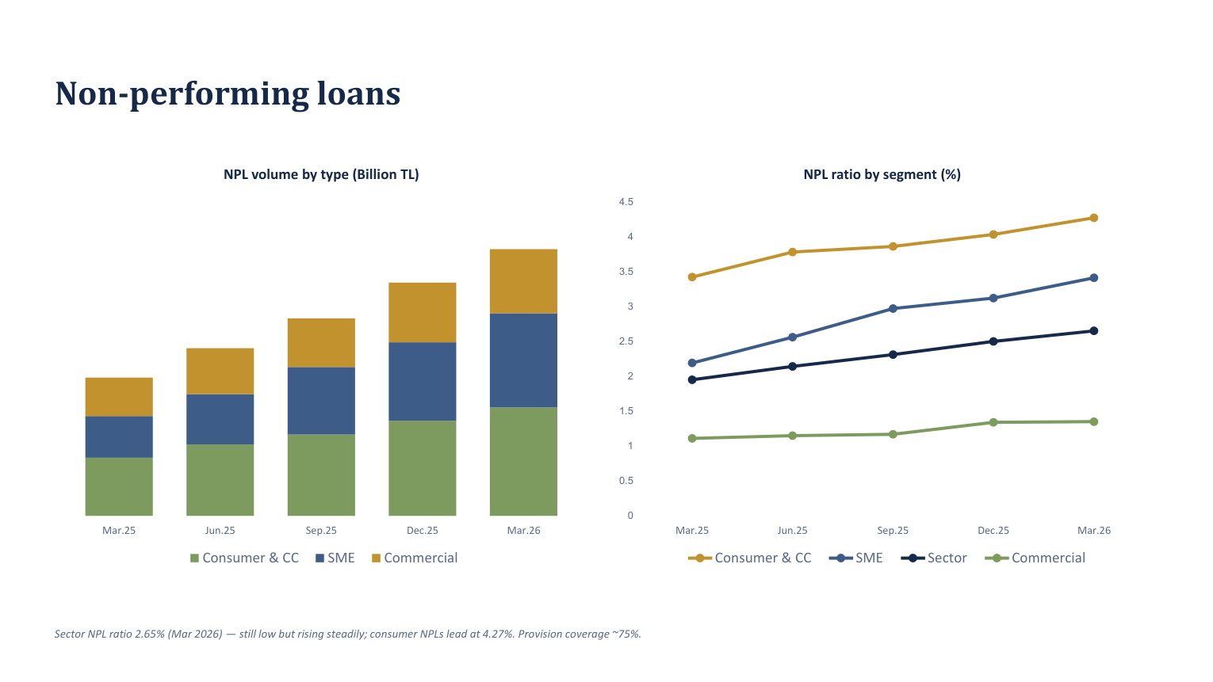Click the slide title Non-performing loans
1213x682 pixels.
coord(228,93)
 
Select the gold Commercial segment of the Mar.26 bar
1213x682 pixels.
coord(523,281)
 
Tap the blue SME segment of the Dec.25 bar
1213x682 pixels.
coord(423,381)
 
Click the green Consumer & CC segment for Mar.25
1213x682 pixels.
coord(119,487)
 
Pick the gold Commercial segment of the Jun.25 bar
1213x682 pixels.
coord(220,371)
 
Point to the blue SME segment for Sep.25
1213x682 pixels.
coord(321,401)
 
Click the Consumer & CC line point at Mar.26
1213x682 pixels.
coord(1094,218)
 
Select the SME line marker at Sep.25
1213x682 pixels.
coord(893,309)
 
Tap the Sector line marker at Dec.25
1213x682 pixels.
coord(993,341)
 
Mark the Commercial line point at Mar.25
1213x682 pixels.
coord(692,439)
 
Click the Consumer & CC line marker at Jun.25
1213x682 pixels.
coord(792,252)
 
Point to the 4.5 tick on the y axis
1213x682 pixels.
coord(626,202)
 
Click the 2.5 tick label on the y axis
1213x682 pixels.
coord(626,341)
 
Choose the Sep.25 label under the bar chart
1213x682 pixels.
coord(321,531)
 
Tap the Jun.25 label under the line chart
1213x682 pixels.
coord(792,531)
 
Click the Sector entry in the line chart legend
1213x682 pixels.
coord(934,558)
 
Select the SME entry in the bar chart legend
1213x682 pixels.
coord(335,558)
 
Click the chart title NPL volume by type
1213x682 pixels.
coord(321,175)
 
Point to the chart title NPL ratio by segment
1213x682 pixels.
coord(882,175)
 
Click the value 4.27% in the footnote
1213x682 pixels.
coord(499,634)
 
